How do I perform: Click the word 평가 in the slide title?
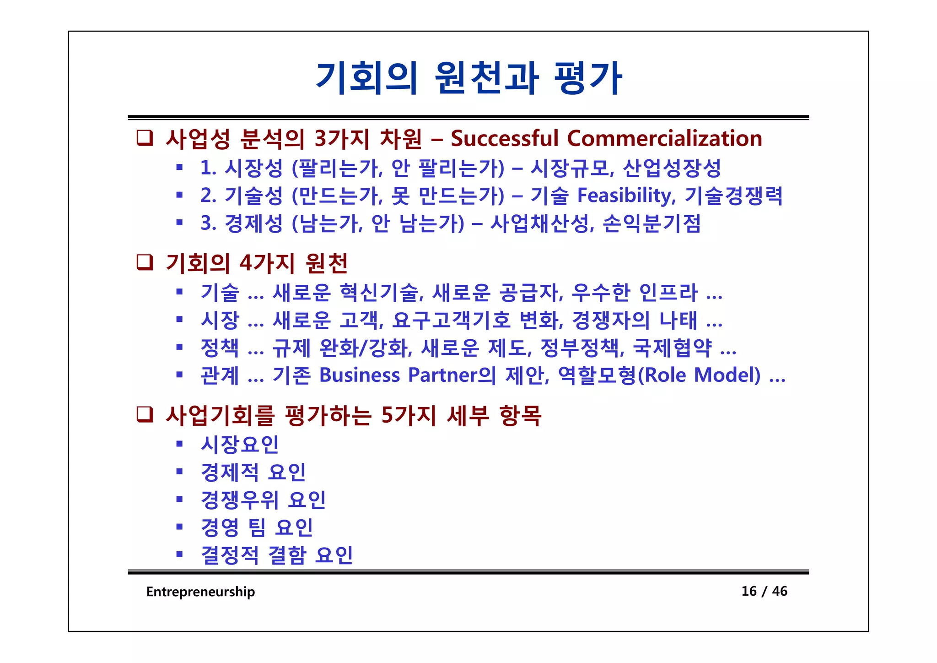(x=587, y=79)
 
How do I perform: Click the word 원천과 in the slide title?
(x=487, y=79)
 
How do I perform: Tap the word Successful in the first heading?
(x=505, y=138)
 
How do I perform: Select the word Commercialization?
(x=664, y=138)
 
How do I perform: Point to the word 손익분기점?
(x=652, y=223)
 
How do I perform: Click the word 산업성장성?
(x=672, y=168)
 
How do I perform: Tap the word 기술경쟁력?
(x=734, y=196)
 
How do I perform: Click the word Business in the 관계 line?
(x=360, y=375)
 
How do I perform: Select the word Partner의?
(x=452, y=375)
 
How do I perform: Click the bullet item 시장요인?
(x=240, y=444)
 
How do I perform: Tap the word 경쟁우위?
(x=240, y=500)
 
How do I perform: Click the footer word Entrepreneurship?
(x=200, y=592)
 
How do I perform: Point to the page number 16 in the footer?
(x=749, y=591)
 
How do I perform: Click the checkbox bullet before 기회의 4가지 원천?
(x=145, y=262)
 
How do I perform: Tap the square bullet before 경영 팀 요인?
(x=180, y=527)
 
